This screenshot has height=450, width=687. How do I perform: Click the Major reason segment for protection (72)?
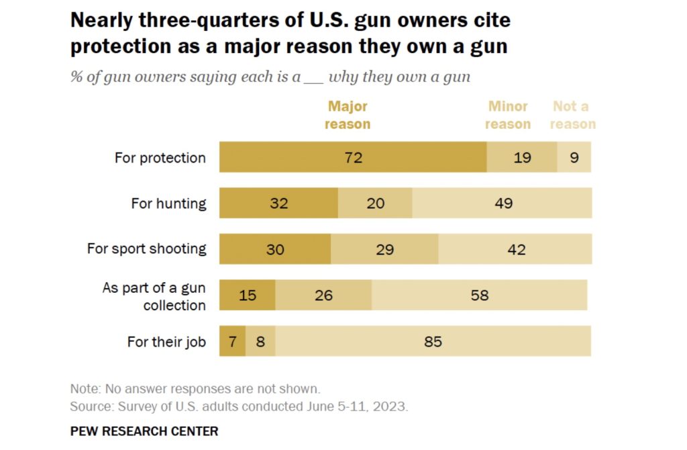coord(353,157)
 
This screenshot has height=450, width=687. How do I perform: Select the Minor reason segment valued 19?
coord(522,157)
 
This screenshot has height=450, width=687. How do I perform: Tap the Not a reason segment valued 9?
coord(574,157)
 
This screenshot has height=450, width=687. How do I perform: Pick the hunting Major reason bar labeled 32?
coord(278,203)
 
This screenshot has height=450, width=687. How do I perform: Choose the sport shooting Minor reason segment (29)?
coord(384,249)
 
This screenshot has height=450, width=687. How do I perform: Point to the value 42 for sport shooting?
coord(515,249)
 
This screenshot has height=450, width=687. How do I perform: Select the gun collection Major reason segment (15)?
coord(248,295)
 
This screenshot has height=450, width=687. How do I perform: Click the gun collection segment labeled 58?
coord(480,295)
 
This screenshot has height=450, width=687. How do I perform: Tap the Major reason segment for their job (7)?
coord(232,341)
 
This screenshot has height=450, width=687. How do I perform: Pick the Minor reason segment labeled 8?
coord(260,341)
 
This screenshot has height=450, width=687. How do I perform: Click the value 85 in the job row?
coord(433,341)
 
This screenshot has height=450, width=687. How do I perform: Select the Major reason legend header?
coord(348,115)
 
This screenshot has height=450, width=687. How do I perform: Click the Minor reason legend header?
coord(508,115)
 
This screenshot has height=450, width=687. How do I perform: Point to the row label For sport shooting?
coord(146,249)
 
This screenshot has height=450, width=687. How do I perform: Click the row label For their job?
coord(166,341)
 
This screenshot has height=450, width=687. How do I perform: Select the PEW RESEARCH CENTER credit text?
coord(144,431)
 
